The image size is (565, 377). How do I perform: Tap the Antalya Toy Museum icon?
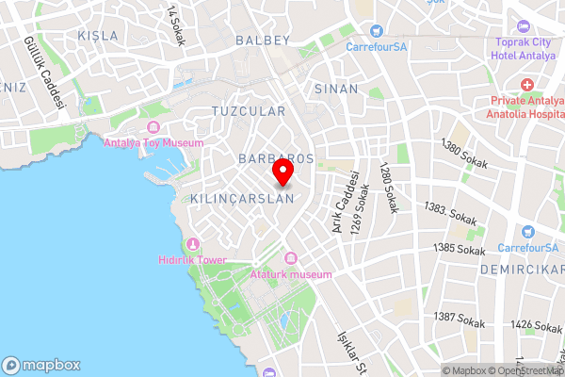[153, 127]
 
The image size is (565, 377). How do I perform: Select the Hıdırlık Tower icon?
[194, 244]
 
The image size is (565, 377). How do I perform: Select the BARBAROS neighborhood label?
[276, 156]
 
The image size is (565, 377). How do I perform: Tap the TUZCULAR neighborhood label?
[249, 111]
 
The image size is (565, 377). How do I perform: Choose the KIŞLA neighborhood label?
[99, 36]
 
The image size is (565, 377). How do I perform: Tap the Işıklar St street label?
[350, 351]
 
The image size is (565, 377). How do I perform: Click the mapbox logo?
[41, 366]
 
